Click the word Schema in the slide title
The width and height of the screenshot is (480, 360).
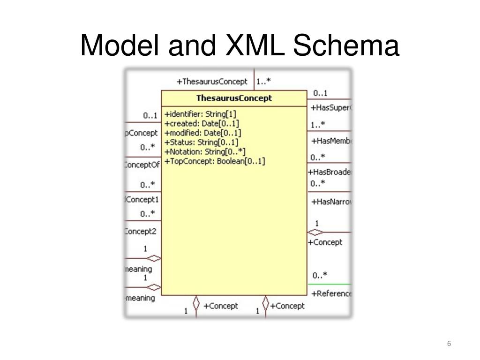coord(346,46)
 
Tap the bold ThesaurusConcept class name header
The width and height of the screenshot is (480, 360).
coord(234,98)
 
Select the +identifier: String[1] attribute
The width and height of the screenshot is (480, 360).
coord(201,114)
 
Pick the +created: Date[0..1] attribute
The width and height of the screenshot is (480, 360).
coord(202,123)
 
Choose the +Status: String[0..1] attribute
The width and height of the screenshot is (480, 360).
coord(202,142)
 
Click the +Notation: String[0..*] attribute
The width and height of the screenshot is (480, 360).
coord(205,151)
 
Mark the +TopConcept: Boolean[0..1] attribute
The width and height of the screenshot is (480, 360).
coord(215,161)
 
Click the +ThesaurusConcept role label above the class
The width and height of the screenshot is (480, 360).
coord(212,82)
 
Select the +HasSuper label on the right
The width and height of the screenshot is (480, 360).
coord(330,108)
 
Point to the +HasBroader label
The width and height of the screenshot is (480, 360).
coord(330,172)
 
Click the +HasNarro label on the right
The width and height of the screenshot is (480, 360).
coord(331,202)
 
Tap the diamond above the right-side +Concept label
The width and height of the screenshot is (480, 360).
coord(315,232)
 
